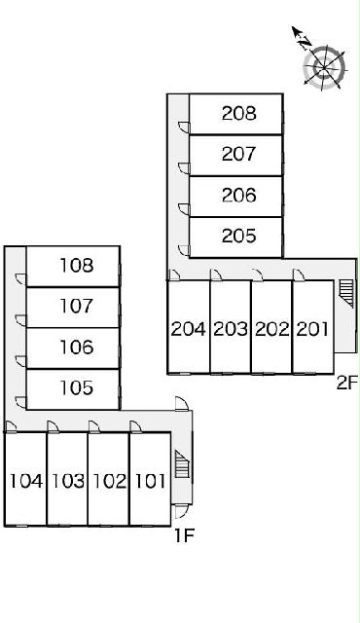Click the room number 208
[x=239, y=114]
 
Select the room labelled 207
[x=239, y=154]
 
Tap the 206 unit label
[x=239, y=195]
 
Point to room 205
[x=239, y=236]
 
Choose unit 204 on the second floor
[x=189, y=329]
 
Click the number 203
[x=231, y=329]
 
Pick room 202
[x=271, y=329]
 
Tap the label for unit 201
[x=312, y=329]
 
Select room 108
[x=77, y=266]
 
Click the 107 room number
[x=77, y=306]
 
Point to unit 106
[x=77, y=347]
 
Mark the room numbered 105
[x=77, y=387]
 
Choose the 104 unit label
[x=26, y=481]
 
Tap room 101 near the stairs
[x=151, y=481]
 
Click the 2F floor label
[x=347, y=384]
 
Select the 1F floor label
[x=185, y=536]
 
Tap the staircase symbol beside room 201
[x=346, y=293]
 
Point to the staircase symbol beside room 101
[x=182, y=464]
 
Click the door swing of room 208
[x=184, y=128]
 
